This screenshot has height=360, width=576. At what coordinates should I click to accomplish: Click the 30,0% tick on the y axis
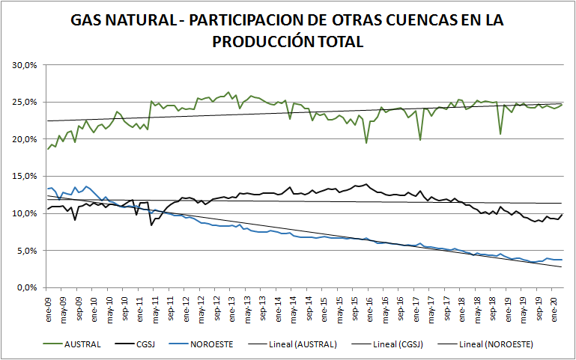[x=25, y=65]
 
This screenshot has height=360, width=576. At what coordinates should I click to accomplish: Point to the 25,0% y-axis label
[x=25, y=102]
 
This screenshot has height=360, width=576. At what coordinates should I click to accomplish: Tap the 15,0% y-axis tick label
[x=25, y=176]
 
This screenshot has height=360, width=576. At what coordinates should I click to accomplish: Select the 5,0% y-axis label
[x=28, y=251]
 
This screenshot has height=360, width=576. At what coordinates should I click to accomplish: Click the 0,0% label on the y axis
[x=28, y=287]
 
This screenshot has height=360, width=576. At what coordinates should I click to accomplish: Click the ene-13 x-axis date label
[x=233, y=305]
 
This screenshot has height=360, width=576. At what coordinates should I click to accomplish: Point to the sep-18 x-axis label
[x=493, y=305]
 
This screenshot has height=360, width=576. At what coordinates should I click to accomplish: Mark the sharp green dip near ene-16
[x=366, y=142]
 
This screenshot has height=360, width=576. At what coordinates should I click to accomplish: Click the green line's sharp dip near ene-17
[x=420, y=139]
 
